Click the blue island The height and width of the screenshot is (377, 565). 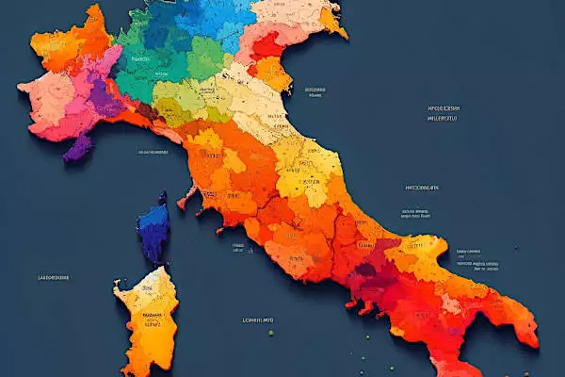[x=153, y=232]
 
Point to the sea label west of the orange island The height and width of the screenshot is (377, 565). [x=53, y=278]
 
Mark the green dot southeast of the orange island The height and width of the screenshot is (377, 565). [x=271, y=332]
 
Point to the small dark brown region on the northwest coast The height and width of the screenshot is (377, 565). [x=145, y=110]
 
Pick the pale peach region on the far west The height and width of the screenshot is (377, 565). [x=42, y=94]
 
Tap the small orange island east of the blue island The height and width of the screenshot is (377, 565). [x=186, y=197]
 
